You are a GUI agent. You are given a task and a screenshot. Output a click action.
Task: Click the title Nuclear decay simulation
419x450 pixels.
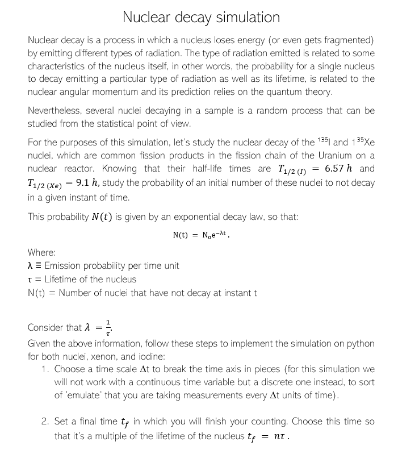(x=202, y=17)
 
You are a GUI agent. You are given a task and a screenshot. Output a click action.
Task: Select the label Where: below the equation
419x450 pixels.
(x=41, y=252)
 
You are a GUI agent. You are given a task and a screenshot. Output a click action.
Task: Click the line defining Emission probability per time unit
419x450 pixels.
(x=103, y=265)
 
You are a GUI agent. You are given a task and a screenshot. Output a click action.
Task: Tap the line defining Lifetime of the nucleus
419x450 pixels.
(x=82, y=279)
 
